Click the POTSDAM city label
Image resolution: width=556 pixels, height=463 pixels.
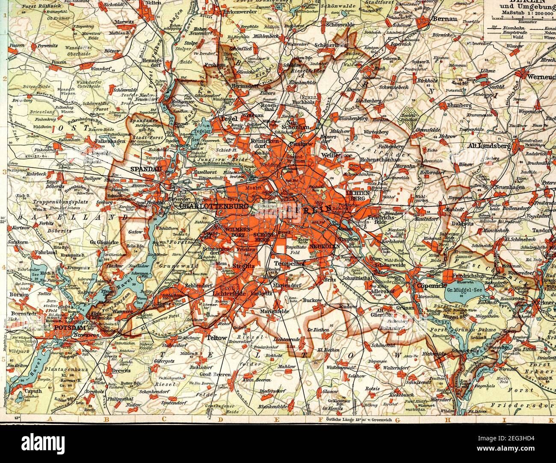pyautogui.click(x=69, y=328)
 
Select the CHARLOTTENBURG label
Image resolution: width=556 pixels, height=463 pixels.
pyautogui.click(x=215, y=206)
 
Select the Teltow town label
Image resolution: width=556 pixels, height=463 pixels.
pyautogui.click(x=216, y=337)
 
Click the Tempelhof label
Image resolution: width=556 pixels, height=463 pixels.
pyautogui.click(x=292, y=263)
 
